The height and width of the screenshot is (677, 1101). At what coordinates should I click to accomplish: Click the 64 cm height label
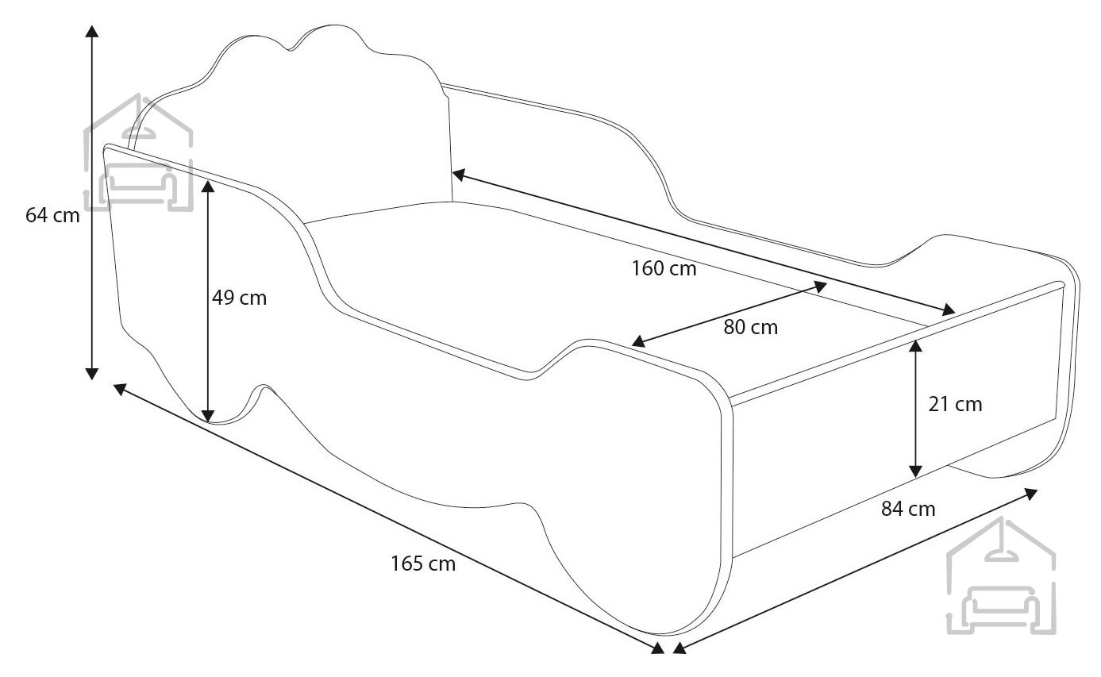52,215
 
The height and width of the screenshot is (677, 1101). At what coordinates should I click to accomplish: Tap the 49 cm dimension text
240,298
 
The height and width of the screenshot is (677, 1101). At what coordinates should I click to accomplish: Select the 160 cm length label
664,269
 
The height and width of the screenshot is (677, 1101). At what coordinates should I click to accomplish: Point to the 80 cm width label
751,327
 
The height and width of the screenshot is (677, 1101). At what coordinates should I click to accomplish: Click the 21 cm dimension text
955,404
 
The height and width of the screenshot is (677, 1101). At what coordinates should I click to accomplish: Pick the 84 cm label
908,509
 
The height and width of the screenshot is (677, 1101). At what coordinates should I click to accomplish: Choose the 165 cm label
423,564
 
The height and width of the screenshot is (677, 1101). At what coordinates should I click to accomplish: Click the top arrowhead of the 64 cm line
92,31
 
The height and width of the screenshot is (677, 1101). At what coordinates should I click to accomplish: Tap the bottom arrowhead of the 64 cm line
92,374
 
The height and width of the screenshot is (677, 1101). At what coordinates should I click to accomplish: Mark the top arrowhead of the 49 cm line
208,187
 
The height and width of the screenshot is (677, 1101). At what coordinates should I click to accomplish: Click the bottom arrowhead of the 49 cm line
208,416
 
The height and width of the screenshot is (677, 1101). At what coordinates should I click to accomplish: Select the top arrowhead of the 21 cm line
915,346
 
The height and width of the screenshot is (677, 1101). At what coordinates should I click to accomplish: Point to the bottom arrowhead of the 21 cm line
915,471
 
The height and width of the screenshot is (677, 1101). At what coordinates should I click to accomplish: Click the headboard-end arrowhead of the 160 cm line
458,175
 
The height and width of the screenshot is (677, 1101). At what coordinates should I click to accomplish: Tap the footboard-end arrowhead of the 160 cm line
949,310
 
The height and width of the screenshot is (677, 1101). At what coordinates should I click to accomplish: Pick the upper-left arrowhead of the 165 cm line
120,389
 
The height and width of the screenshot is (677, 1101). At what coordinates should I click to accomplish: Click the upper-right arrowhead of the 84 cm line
1030,494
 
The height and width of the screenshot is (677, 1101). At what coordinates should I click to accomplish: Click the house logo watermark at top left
139,152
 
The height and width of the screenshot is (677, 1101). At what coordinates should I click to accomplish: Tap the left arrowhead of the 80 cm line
638,341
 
